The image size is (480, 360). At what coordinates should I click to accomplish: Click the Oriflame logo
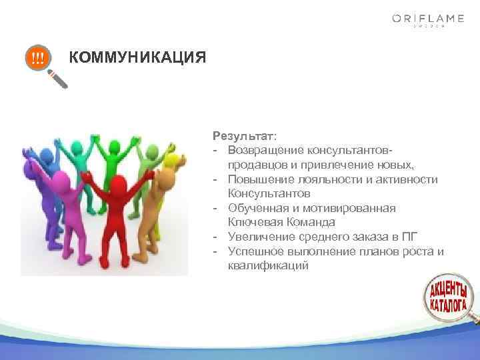click(x=428, y=20)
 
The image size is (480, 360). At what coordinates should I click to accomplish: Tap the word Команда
click(x=311, y=222)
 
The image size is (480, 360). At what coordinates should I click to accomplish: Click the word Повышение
click(x=257, y=179)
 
